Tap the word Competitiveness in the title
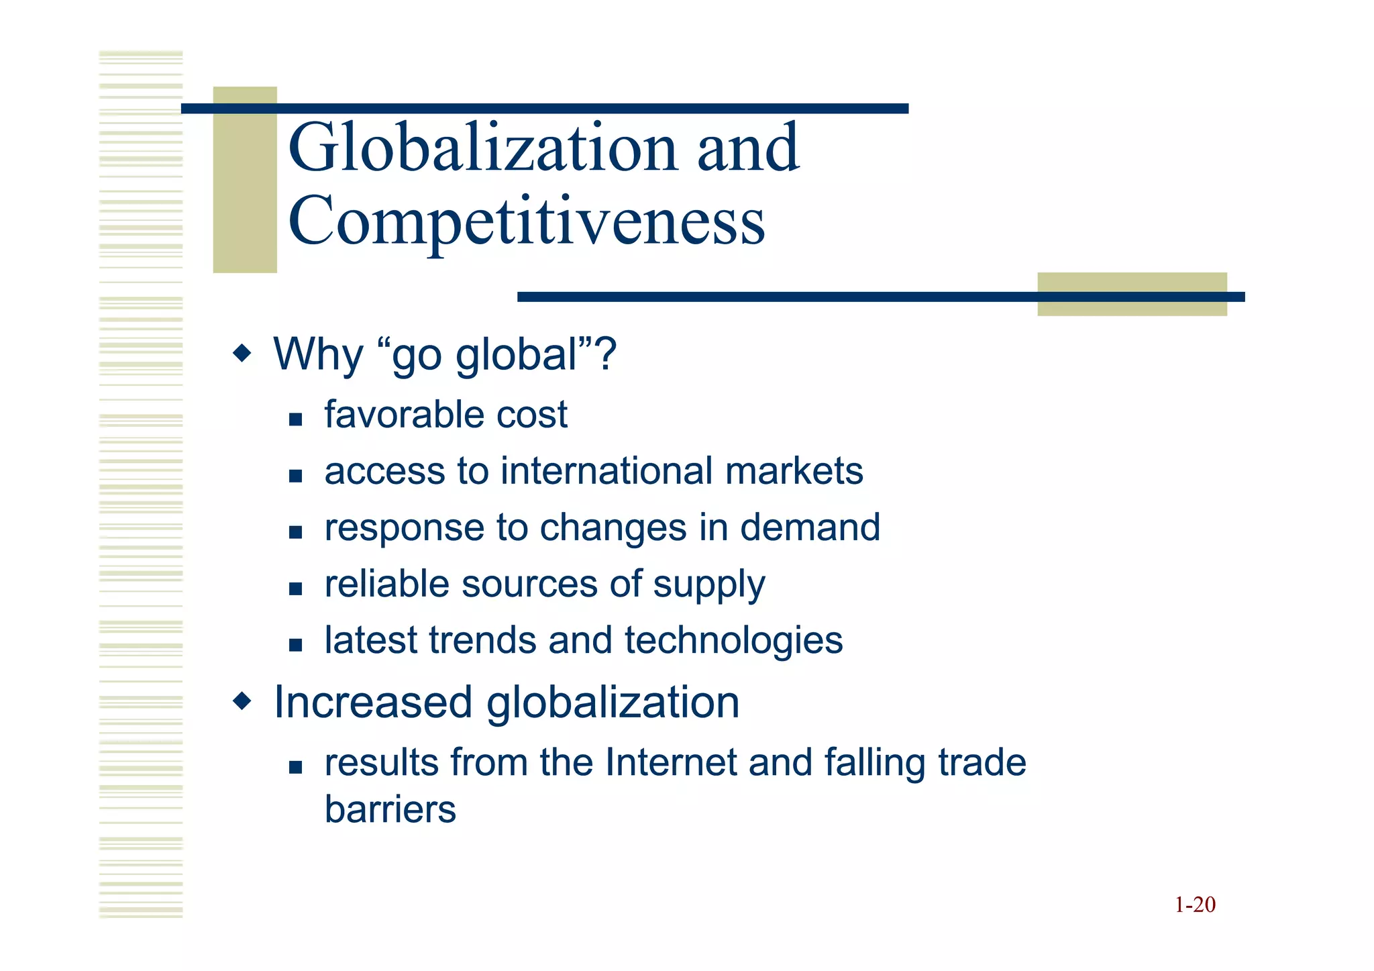[x=527, y=221]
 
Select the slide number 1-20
[x=1195, y=905]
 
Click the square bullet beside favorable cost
[x=296, y=419]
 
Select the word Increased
[x=373, y=703]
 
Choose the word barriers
[x=390, y=809]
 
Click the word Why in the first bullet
[x=318, y=354]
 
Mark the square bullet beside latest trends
[x=296, y=645]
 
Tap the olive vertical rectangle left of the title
[x=245, y=180]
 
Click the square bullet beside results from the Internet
[x=296, y=767]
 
